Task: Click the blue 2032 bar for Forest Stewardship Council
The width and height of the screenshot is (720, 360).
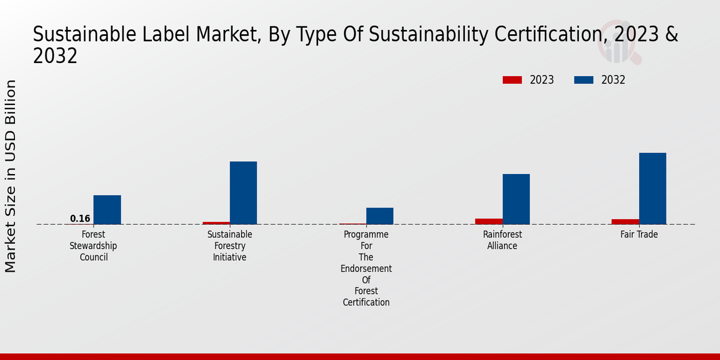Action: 107,209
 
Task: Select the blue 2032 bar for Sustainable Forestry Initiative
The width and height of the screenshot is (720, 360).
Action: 243,193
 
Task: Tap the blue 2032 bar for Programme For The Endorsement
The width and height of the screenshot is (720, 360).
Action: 380,216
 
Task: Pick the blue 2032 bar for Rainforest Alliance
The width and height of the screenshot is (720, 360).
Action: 516,199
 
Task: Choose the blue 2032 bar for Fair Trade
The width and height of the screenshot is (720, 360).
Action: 652,188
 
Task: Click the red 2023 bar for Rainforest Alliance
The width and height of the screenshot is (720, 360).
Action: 489,221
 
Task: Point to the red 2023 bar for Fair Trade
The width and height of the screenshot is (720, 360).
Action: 625,221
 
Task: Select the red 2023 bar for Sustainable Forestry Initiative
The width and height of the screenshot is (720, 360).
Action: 216,223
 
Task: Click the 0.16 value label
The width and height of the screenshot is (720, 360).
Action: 80,218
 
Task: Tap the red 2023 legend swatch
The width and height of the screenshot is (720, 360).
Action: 512,80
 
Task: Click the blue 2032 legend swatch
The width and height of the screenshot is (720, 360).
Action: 584,80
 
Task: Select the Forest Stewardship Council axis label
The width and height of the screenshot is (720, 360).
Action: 93,246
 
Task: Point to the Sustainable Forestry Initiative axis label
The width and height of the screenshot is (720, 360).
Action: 230,246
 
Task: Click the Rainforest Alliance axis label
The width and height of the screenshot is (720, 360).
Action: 502,240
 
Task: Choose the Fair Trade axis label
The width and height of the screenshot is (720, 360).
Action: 639,235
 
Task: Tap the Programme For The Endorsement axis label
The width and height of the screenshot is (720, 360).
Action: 366,268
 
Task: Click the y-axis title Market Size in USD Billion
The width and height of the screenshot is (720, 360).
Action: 11,176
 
